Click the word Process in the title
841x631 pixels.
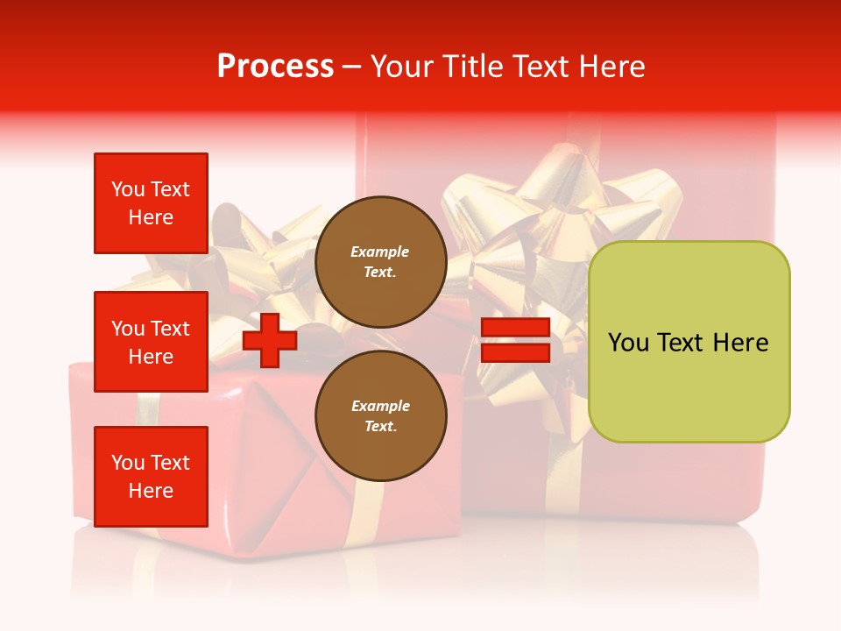pos(275,67)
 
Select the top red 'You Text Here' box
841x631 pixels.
pos(151,203)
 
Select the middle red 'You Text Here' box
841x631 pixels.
pos(151,342)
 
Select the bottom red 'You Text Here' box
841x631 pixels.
pos(151,477)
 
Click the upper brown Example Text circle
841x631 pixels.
pos(380,262)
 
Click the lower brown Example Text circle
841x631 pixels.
pos(380,416)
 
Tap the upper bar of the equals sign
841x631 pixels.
pos(515,328)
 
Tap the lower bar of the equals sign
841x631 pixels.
pos(515,352)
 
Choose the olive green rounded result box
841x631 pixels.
pos(689,342)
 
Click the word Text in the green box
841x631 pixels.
pos(680,343)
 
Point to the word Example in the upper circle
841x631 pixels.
pos(380,252)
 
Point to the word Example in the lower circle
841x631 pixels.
pos(380,407)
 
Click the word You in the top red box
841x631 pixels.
pos(128,189)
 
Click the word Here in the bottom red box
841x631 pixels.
pos(151,491)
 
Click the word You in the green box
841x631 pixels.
pos(627,343)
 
